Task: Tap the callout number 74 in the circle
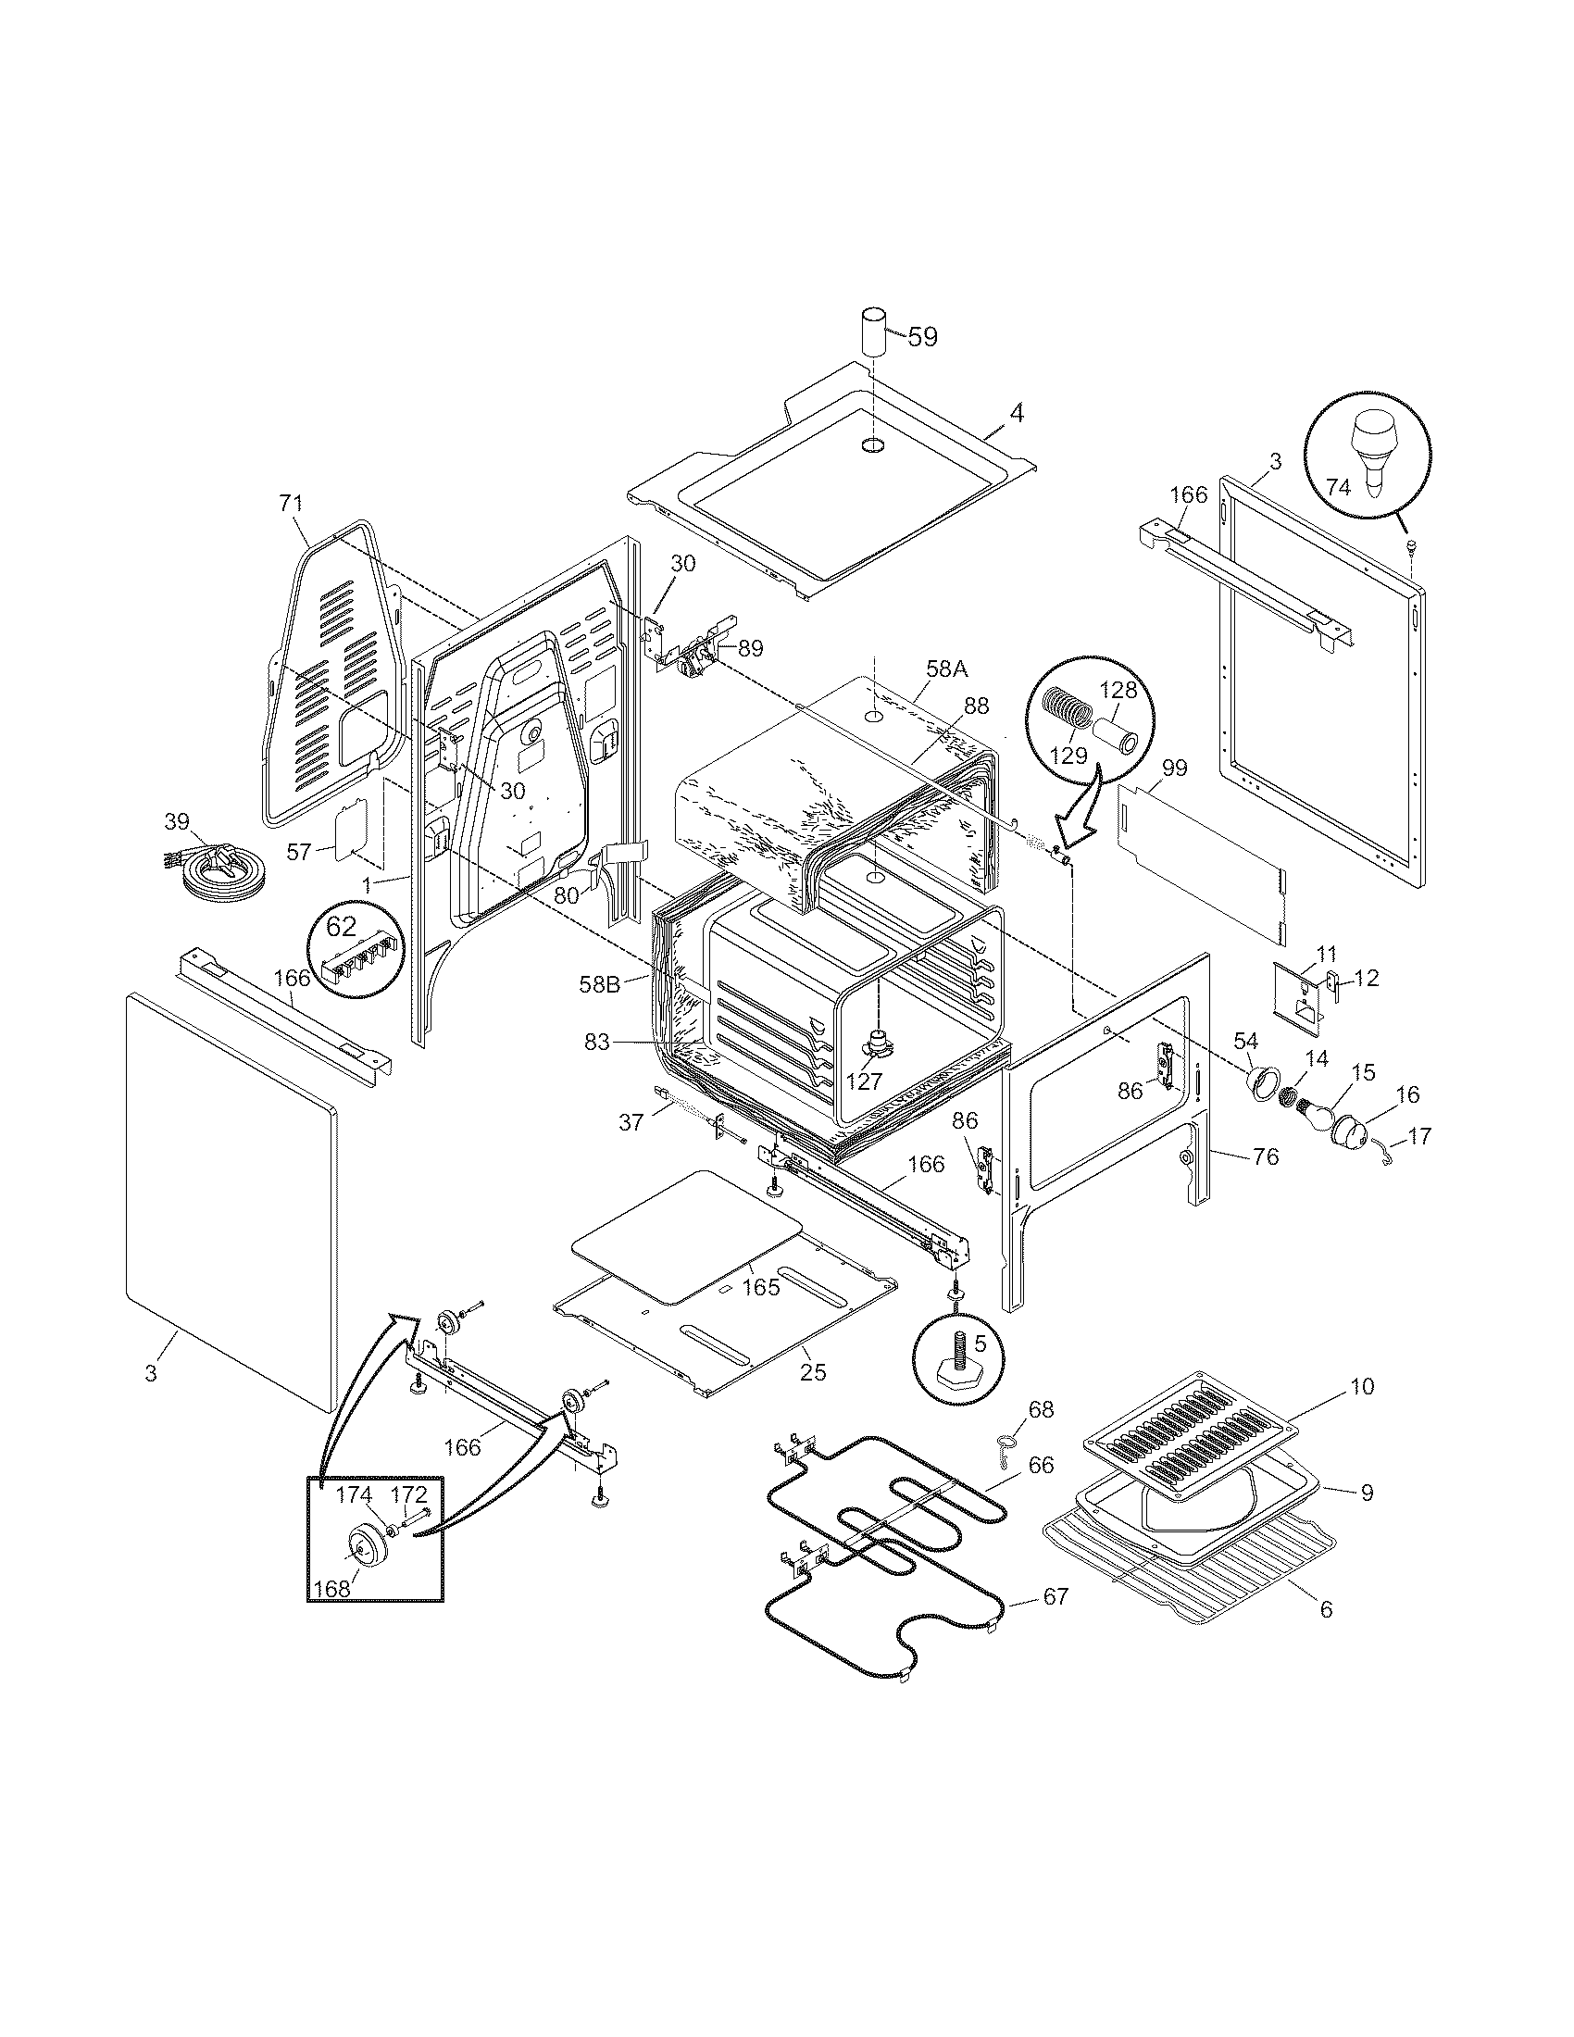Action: [x=1338, y=486]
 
